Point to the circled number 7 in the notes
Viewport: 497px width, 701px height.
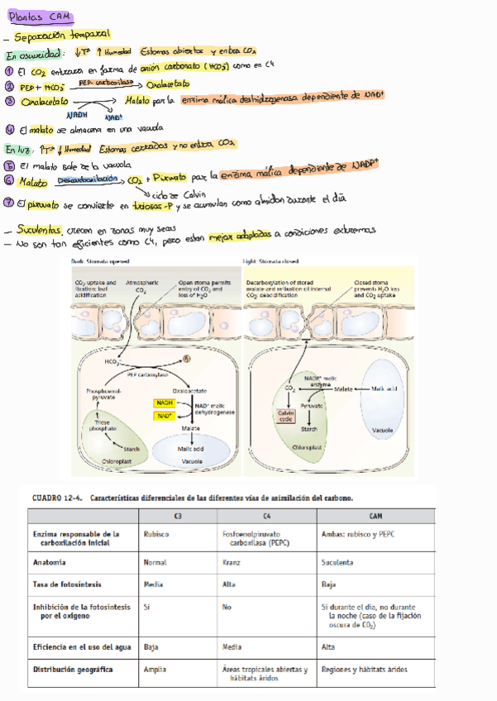click(x=9, y=203)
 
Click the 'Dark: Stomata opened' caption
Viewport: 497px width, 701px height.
click(x=96, y=261)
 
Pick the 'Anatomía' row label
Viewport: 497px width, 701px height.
click(x=50, y=562)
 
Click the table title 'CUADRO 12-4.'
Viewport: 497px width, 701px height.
click(x=57, y=498)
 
